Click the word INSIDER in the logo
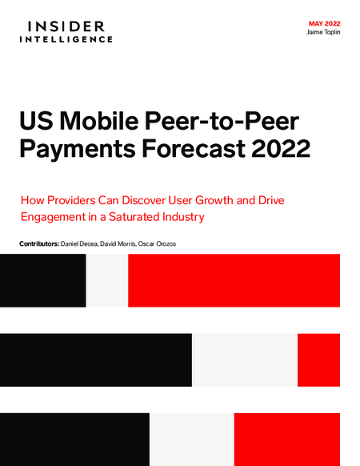pos(66,26)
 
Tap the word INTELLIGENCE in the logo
pos(66,39)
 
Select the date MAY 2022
pos(324,24)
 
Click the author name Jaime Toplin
pos(323,32)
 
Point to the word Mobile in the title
pos(99,121)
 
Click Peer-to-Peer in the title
pos(222,121)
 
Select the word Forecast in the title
pos(194,148)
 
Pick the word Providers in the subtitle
pos(71,200)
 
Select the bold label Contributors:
pos(39,244)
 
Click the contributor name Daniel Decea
pos(79,244)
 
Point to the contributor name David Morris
pos(118,244)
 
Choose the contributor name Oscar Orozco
pos(157,244)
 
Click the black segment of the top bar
pos(43,280)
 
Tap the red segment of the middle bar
pos(318,360)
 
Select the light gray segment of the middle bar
pos(245,360)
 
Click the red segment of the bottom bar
pos(287,440)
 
